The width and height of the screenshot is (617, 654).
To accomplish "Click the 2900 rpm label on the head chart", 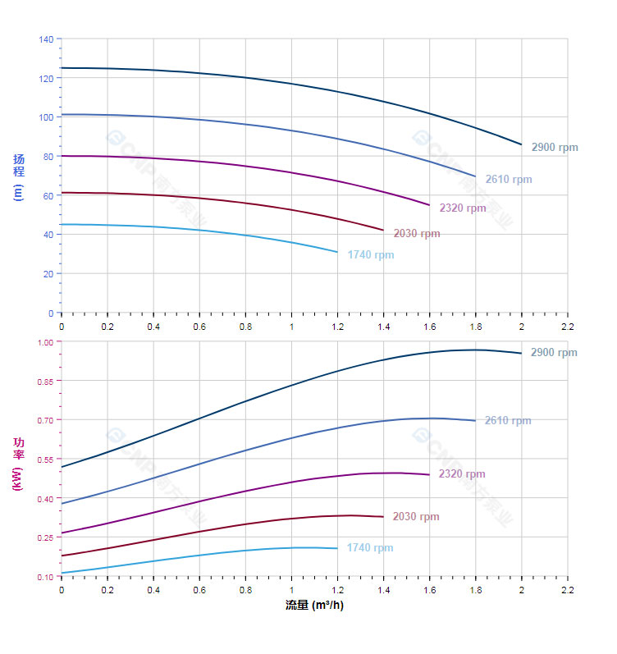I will click(x=554, y=148).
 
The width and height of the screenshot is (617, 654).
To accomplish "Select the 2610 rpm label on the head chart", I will click(x=508, y=180).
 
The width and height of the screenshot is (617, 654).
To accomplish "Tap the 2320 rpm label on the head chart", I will click(x=462, y=208).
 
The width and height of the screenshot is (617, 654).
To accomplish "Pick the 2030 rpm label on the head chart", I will click(x=416, y=234).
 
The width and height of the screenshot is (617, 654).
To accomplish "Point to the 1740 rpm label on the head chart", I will click(x=370, y=255).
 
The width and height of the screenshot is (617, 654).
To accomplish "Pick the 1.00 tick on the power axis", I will click(x=44, y=342).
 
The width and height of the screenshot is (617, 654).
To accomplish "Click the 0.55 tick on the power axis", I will click(x=44, y=460).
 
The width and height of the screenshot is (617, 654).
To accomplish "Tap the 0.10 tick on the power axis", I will click(x=44, y=577).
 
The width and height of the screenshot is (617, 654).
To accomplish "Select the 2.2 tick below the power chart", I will click(x=567, y=590).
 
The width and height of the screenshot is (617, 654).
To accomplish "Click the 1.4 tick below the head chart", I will click(x=383, y=326).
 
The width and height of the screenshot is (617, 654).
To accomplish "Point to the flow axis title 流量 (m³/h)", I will click(x=314, y=606).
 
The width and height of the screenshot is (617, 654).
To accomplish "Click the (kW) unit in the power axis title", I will click(x=18, y=478).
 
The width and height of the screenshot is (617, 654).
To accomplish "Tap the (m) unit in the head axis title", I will click(x=18, y=192).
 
